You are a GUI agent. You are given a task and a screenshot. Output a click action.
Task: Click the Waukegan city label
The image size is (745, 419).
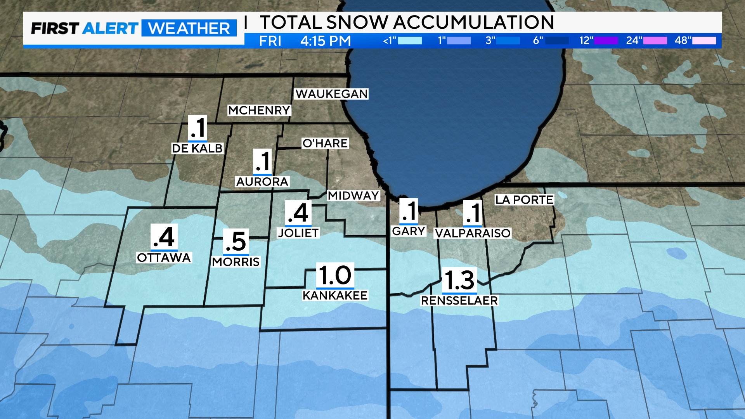(331, 94)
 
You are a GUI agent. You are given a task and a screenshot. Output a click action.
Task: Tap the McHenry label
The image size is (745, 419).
(259, 110)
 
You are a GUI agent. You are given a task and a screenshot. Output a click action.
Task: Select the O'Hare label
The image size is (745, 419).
(325, 143)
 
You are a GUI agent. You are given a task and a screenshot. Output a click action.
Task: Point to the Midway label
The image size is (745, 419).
(353, 196)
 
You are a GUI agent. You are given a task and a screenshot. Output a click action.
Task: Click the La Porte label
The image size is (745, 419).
(524, 200)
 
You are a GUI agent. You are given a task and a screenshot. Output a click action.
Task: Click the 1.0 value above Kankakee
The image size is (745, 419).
(335, 275)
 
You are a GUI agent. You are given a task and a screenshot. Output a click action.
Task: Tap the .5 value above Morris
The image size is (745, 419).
(236, 242)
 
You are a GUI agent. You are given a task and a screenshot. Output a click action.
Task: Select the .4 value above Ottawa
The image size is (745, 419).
(164, 237)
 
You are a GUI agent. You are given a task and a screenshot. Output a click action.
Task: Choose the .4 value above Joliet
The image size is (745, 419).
(298, 213)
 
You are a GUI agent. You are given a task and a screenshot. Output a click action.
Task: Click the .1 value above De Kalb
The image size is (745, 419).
(198, 128)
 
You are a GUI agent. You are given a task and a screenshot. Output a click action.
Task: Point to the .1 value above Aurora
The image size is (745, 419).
(262, 161)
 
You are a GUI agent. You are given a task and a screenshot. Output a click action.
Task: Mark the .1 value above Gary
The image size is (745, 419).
(409, 211)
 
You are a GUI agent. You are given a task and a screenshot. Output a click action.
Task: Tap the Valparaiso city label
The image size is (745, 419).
(473, 233)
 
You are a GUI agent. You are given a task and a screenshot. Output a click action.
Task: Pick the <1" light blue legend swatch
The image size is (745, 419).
(410, 41)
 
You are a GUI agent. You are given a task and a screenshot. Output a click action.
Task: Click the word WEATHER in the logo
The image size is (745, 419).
(189, 28)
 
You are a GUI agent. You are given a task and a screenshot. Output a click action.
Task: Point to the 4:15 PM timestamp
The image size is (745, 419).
(325, 41)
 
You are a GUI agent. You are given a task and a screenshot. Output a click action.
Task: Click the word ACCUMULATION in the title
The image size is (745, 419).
(473, 22)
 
